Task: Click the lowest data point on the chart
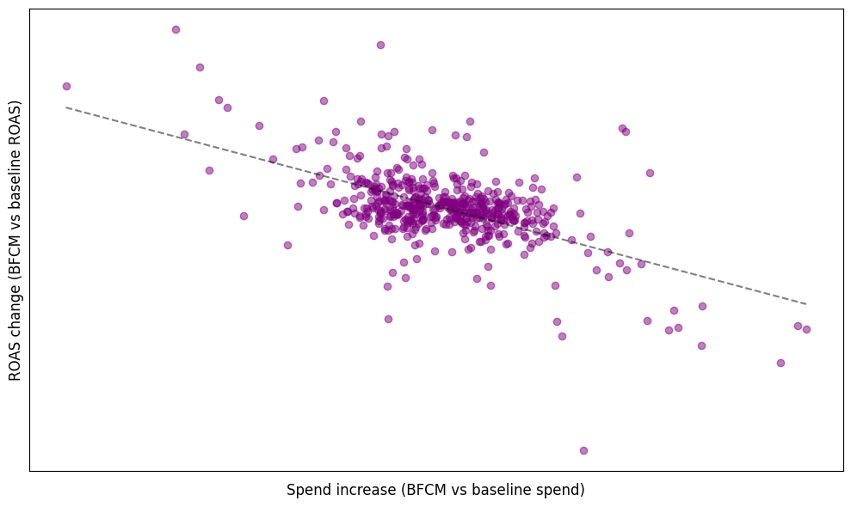click(583, 450)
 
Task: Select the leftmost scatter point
click(66, 86)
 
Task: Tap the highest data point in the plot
click(176, 29)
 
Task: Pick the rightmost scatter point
click(806, 329)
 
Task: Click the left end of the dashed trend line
click(66, 107)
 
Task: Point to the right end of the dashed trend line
click(806, 303)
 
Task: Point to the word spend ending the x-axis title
click(564, 491)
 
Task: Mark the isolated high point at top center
click(380, 45)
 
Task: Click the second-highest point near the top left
click(200, 67)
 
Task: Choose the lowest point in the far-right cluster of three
click(780, 363)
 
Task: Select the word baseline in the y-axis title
click(15, 170)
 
